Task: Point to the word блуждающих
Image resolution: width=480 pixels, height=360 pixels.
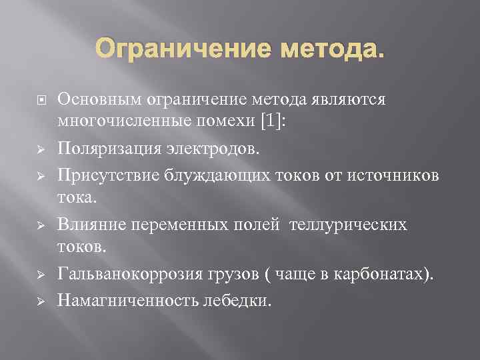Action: point(215,174)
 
